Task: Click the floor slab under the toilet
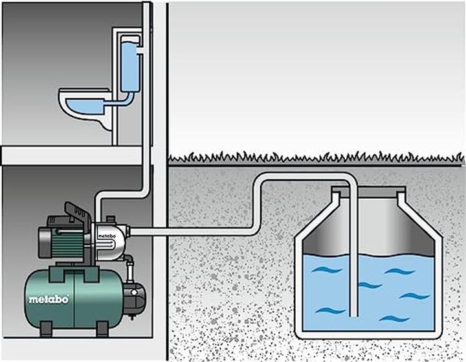coord(71,155)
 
